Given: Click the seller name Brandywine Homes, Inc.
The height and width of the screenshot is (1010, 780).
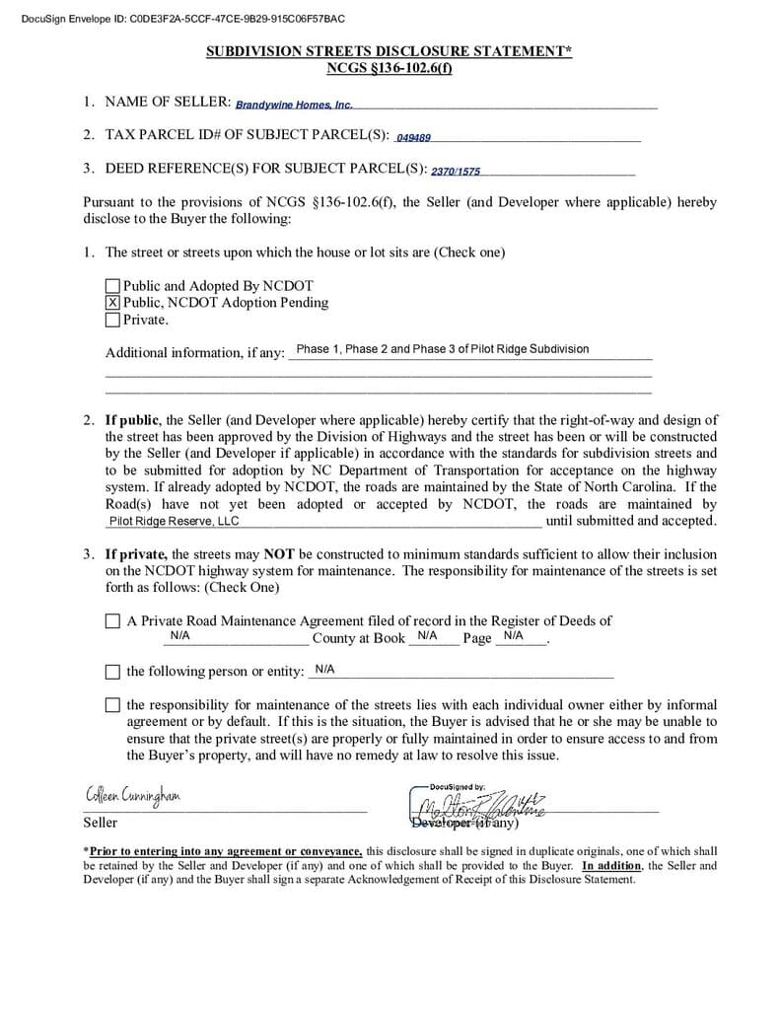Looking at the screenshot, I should click(x=294, y=105).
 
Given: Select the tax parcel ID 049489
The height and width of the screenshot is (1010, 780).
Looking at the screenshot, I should click(x=413, y=138).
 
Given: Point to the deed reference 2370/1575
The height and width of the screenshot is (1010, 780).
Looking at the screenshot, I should click(x=456, y=172).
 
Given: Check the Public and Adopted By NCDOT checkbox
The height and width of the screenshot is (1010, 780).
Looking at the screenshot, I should click(x=112, y=287).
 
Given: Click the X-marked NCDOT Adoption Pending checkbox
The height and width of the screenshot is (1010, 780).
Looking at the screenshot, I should click(x=112, y=303).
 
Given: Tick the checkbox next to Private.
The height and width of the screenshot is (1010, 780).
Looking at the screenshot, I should click(x=112, y=320).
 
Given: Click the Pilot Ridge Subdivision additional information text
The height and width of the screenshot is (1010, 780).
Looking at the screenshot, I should click(x=442, y=349).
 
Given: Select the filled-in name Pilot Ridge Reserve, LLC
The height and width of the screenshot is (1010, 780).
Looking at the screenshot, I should click(x=174, y=521).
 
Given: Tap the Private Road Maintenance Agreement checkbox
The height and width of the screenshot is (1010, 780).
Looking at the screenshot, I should click(x=112, y=621).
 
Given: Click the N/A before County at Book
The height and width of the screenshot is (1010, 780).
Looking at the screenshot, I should click(x=179, y=636).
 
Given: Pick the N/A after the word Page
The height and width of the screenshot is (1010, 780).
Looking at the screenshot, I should click(x=513, y=636).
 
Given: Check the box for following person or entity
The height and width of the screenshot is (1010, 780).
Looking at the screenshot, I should click(x=112, y=672).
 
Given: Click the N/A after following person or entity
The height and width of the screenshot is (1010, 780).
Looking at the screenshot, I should click(x=324, y=670).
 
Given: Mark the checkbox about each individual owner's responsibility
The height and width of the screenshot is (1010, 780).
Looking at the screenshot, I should click(x=112, y=705).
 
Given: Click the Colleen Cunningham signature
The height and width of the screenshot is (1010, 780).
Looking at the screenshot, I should click(x=132, y=795).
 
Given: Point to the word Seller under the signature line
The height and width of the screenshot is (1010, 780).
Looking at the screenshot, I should click(x=100, y=823).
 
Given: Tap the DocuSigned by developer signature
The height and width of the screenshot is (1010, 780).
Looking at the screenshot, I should click(x=483, y=803).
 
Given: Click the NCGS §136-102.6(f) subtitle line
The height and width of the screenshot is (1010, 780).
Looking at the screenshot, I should click(x=389, y=68).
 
